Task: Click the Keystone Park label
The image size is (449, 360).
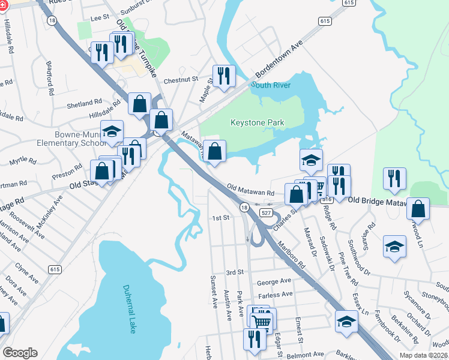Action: pyautogui.click(x=257, y=122)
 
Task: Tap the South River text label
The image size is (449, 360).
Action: pyautogui.click(x=271, y=85)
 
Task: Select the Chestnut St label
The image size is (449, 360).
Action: pyautogui.click(x=181, y=79)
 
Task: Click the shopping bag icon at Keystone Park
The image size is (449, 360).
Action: pyautogui.click(x=214, y=151)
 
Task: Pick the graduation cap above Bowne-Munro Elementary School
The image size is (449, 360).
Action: pyautogui.click(x=112, y=131)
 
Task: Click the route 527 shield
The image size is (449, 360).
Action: pyautogui.click(x=267, y=213)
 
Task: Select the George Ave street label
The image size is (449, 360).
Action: pyautogui.click(x=274, y=281)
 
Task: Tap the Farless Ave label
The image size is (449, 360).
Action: pyautogui.click(x=274, y=294)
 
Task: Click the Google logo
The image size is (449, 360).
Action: pyautogui.click(x=20, y=353)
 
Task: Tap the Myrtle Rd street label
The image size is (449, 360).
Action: pyautogui.click(x=24, y=161)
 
